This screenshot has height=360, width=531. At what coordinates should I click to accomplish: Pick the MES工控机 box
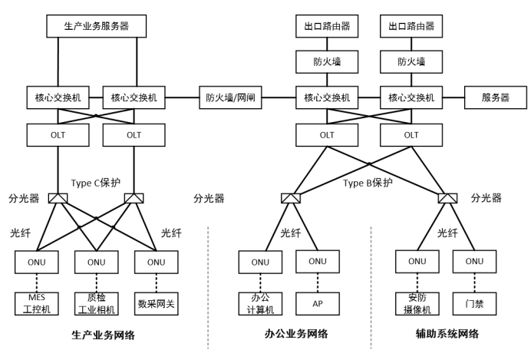38,302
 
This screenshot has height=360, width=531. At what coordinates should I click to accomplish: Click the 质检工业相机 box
97,302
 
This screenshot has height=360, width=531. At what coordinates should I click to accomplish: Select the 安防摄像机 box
417,303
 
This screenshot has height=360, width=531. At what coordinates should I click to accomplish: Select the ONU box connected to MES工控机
38,261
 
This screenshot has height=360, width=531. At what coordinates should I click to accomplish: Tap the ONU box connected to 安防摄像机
417,261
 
